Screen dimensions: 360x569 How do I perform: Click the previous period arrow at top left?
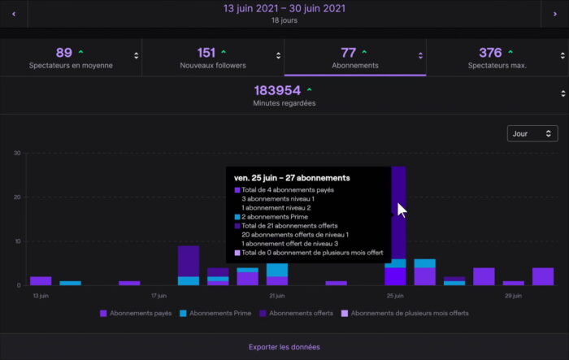pos(14,14)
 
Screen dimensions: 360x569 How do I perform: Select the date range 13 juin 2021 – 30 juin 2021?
pos(284,9)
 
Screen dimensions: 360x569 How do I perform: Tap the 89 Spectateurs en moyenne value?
pos(64,53)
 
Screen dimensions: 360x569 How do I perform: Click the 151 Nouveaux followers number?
pos(206,53)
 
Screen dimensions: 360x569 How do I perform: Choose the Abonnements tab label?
pos(355,65)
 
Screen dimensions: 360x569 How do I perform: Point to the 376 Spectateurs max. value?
pos(490,53)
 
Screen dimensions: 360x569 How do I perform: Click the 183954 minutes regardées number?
pos(277,90)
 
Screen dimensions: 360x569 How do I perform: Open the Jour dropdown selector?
pos(532,133)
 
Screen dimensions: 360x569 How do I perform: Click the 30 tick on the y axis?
pos(16,153)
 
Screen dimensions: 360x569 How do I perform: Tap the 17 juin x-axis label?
pos(159,296)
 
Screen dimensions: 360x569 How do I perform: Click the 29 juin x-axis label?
pos(513,296)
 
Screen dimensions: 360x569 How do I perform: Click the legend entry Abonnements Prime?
pos(219,313)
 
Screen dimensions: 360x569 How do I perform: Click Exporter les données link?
pos(284,347)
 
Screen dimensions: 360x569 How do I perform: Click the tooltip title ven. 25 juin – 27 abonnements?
pos(292,177)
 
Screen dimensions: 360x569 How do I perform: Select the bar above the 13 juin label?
pos(41,280)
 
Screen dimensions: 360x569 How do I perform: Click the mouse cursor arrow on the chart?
pos(401,209)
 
